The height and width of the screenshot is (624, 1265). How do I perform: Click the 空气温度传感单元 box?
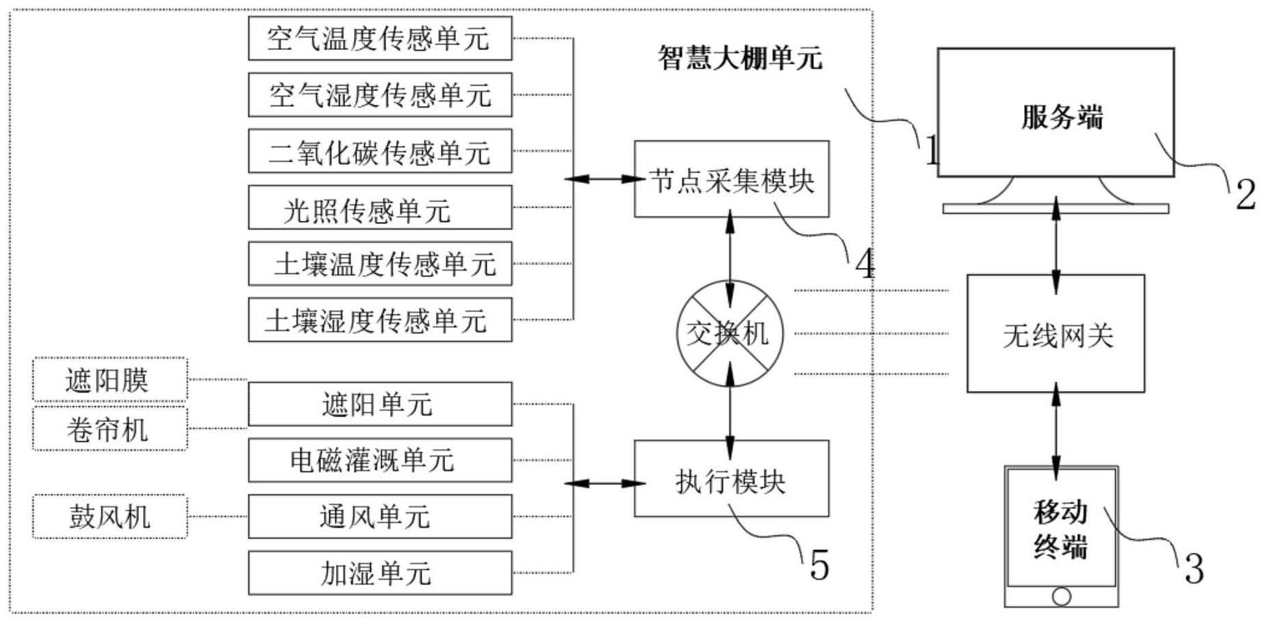(379, 38)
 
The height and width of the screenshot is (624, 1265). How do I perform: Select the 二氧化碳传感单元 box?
(379, 151)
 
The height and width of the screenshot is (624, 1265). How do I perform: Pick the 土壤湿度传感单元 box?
(379, 320)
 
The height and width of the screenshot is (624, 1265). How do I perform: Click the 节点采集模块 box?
(731, 180)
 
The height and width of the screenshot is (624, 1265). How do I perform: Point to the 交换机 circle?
(730, 334)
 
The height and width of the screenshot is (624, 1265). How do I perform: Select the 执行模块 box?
(731, 479)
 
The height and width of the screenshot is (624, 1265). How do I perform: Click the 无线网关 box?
(1055, 334)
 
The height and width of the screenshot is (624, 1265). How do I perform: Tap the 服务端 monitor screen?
(1055, 114)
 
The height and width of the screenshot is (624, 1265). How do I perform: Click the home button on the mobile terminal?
(1061, 597)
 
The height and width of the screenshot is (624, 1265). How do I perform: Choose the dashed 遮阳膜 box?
(110, 379)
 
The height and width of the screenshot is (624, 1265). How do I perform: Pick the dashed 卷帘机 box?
(110, 429)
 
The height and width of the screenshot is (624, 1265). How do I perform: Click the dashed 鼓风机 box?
(110, 516)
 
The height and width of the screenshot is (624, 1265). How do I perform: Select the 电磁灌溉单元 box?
(379, 460)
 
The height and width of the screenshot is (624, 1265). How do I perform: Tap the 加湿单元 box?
(379, 573)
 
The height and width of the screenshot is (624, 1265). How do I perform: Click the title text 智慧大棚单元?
(739, 58)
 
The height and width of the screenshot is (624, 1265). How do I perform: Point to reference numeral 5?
(819, 566)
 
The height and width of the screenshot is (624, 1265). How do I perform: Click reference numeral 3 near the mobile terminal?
(1193, 569)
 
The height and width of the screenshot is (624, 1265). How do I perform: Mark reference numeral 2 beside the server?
(1244, 195)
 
